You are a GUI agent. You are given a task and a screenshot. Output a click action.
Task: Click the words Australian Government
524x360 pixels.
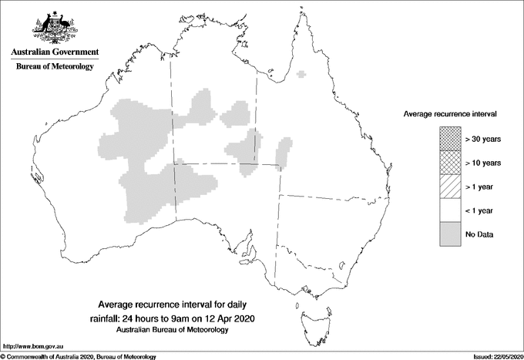click(x=54, y=52)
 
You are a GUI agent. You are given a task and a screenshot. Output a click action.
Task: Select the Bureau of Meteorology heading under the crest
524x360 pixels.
click(x=54, y=67)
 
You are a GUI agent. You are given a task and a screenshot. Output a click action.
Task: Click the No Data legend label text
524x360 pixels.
click(x=479, y=234)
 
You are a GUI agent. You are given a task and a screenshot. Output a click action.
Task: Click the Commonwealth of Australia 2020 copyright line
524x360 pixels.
click(x=79, y=356)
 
